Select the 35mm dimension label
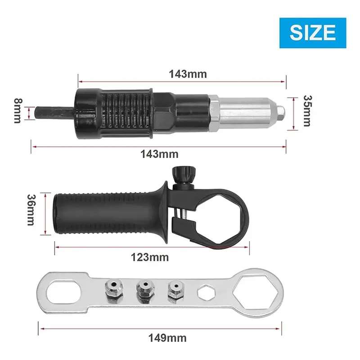pos(307,111)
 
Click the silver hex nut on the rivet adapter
pos(214,111)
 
